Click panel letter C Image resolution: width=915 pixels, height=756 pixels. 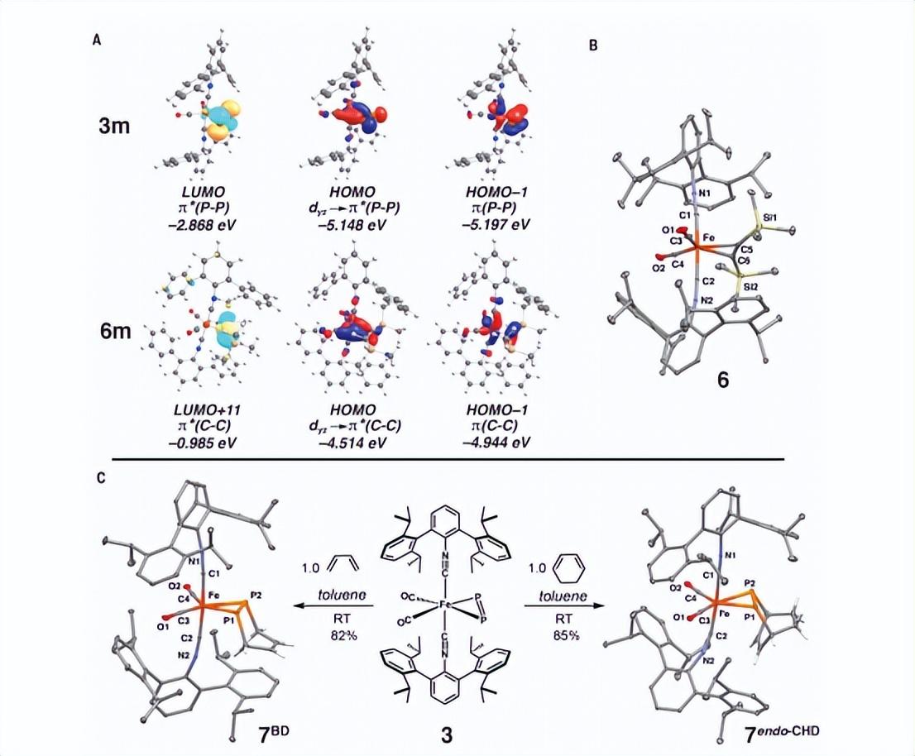coord(99,477)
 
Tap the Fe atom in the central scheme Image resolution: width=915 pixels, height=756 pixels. coord(447,604)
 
